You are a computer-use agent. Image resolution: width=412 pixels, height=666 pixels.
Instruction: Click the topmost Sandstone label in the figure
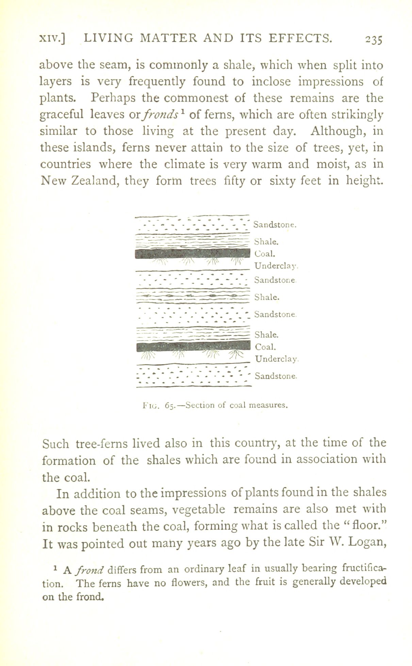click(276, 224)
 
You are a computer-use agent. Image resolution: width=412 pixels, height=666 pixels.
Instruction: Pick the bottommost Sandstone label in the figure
click(276, 376)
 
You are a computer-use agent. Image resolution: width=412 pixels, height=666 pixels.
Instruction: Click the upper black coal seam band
click(192, 253)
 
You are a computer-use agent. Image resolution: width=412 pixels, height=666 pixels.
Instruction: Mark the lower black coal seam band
click(192, 346)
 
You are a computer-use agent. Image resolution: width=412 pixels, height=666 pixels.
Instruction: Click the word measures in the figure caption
click(269, 405)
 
